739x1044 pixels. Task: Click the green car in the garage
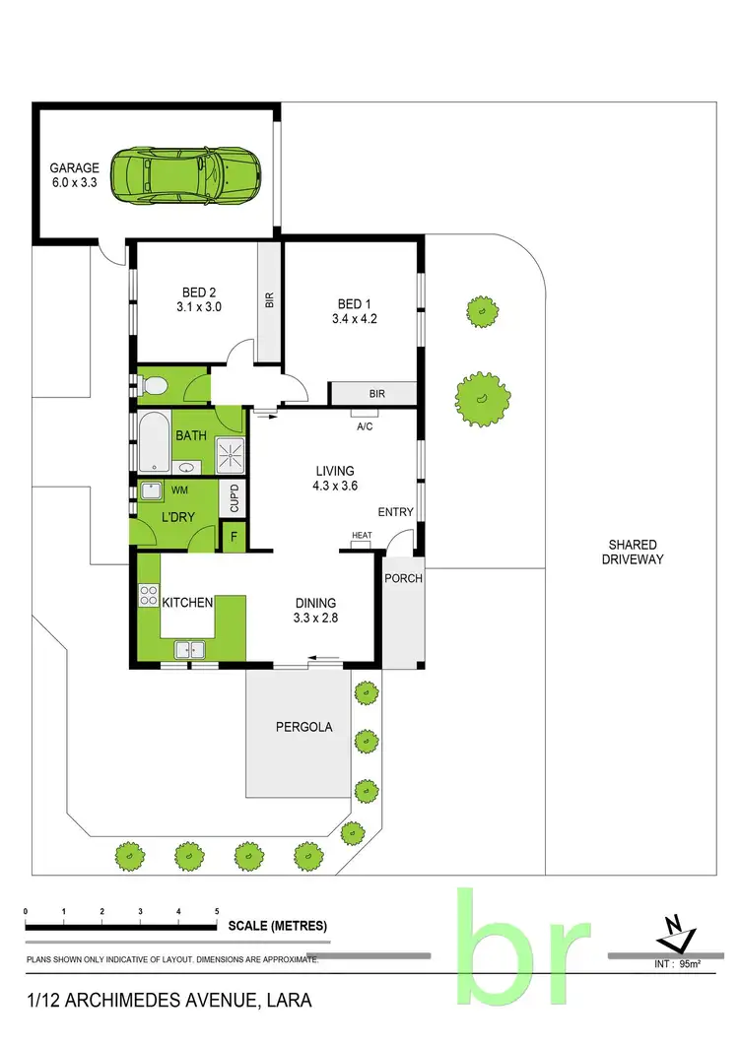185,176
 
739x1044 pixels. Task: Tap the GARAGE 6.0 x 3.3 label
75,174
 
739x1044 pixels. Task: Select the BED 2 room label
199,299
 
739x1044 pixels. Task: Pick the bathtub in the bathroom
155,441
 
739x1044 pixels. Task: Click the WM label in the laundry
180,489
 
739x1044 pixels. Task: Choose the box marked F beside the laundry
235,538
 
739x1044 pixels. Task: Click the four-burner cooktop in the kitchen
150,595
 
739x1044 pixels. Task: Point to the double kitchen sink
190,648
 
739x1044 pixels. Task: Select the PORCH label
402,578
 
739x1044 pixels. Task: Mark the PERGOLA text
303,728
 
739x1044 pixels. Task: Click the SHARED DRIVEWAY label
633,552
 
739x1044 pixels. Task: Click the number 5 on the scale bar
217,912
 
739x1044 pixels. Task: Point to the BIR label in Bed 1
376,394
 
